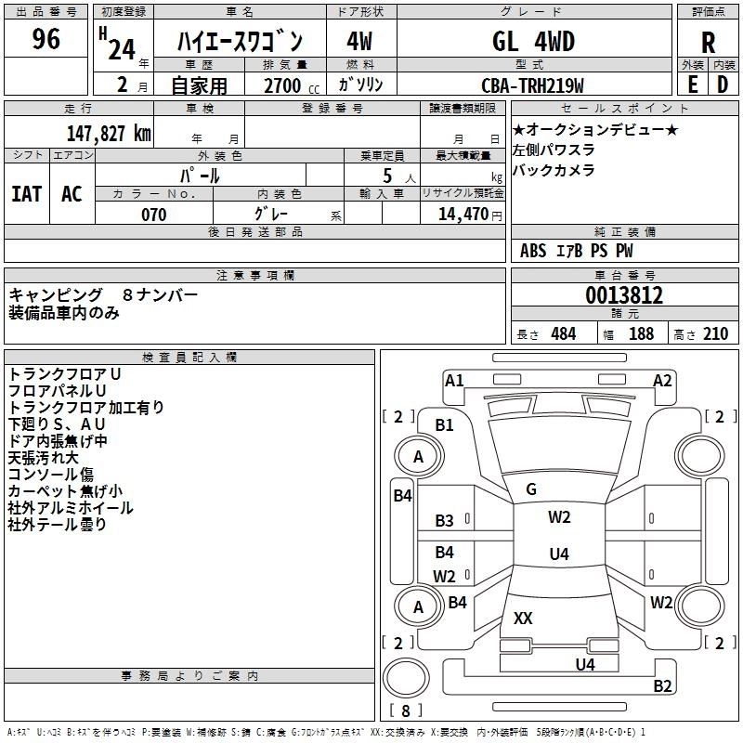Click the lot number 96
(x=46, y=38)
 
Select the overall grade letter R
(x=708, y=43)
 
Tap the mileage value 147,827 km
(x=109, y=133)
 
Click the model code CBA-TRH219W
(x=532, y=85)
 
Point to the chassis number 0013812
(x=624, y=294)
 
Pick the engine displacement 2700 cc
(x=292, y=85)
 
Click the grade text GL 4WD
(x=533, y=41)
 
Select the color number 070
(x=154, y=215)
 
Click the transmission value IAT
(x=27, y=193)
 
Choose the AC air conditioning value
(x=72, y=193)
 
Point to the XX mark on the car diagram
(x=523, y=618)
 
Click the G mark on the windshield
(x=531, y=489)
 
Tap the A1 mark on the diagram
(x=454, y=381)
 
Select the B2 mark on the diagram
(x=662, y=685)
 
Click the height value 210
(x=715, y=333)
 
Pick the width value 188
(x=641, y=333)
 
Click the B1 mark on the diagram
(x=444, y=425)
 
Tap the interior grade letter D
(x=723, y=85)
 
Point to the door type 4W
(x=359, y=41)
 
